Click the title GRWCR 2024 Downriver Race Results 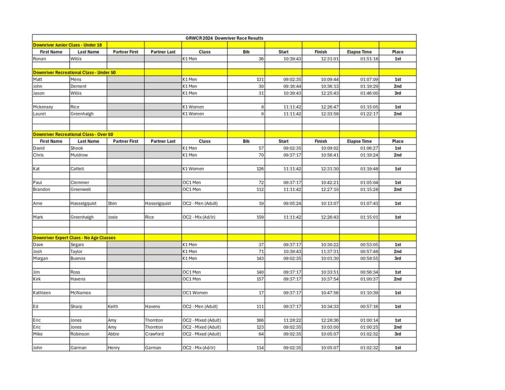tap(224, 38)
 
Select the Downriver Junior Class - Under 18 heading tap(68, 45)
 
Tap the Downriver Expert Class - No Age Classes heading tap(74, 238)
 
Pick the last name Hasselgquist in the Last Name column tap(83, 203)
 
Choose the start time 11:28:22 tap(292, 320)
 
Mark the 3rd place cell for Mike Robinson tap(397, 334)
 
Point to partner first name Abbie tap(113, 334)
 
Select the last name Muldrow tap(80, 155)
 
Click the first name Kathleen tap(42, 293)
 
